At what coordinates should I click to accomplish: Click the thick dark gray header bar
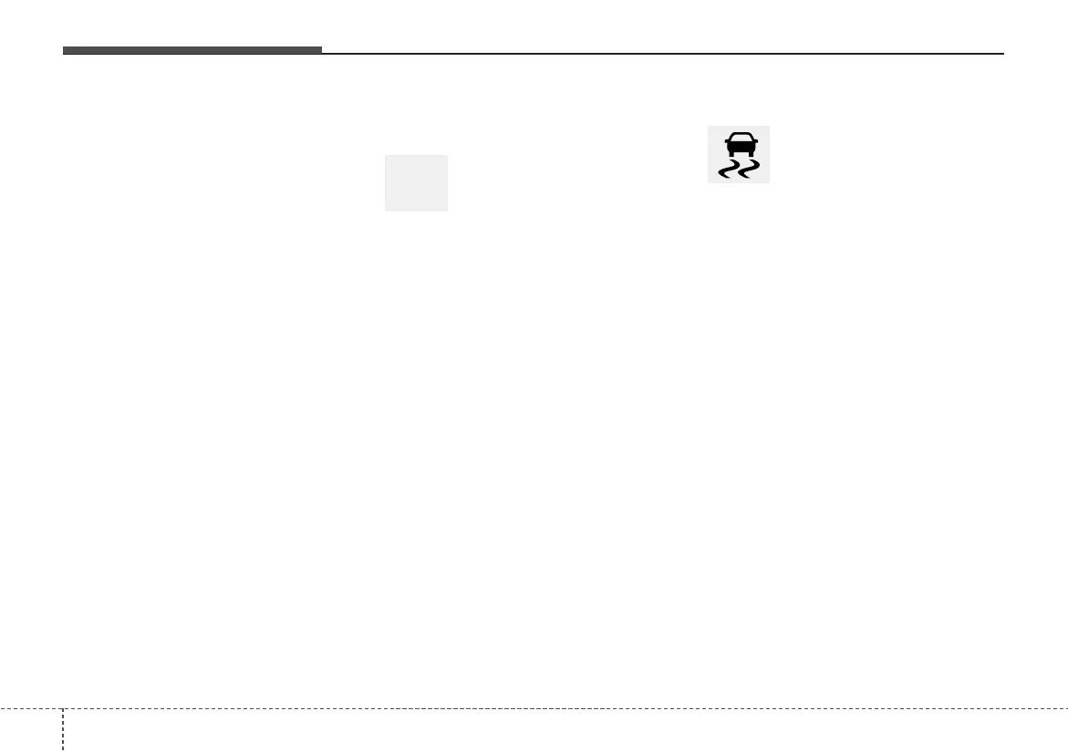click(x=192, y=50)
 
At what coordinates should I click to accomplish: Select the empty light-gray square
click(x=416, y=183)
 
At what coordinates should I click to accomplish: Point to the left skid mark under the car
click(x=729, y=170)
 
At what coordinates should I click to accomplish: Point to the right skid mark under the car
click(x=748, y=170)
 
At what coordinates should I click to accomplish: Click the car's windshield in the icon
click(x=739, y=139)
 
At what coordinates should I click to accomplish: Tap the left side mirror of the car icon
click(x=725, y=143)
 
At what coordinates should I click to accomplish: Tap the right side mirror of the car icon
click(x=752, y=143)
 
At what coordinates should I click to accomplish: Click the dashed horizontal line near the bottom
click(x=547, y=708)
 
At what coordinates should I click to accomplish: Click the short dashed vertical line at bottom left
click(x=63, y=729)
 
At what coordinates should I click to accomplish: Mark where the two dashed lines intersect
click(x=63, y=708)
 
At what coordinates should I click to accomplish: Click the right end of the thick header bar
click(x=320, y=50)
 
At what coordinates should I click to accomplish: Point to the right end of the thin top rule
click(x=1001, y=53)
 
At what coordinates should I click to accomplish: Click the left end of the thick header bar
click(x=64, y=50)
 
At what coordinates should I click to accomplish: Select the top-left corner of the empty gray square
click(x=386, y=156)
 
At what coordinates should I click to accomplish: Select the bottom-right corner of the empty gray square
click(x=447, y=211)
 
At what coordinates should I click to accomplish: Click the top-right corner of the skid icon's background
click(x=769, y=127)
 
